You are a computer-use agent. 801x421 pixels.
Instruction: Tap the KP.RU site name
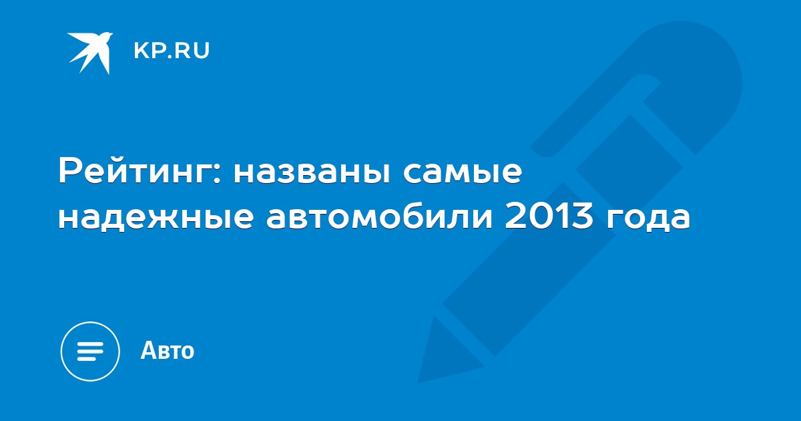(172, 51)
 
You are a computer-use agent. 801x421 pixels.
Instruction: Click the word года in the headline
(647, 219)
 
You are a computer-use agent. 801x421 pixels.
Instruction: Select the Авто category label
(168, 350)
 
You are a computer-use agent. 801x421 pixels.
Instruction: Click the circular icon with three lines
(90, 352)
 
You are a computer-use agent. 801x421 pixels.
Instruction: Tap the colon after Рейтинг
(217, 174)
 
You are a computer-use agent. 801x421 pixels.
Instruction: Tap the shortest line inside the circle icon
(86, 358)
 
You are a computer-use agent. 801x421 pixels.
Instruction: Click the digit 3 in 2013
(583, 216)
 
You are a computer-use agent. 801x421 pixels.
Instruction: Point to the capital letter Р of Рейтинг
(69, 171)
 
